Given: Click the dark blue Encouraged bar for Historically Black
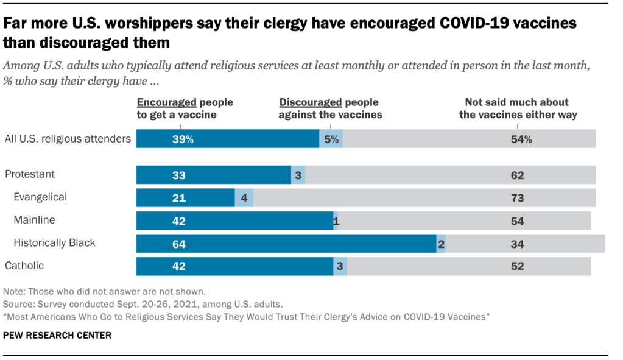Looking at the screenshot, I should (x=286, y=244).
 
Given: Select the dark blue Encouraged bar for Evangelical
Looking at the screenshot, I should (x=185, y=197).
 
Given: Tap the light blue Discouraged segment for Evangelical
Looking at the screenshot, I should (x=244, y=197).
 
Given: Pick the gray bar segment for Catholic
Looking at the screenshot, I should (x=469, y=266).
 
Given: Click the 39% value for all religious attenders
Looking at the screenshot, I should (x=182, y=139).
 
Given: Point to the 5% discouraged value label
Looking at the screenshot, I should (x=331, y=139).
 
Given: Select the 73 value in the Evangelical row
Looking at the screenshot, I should (x=518, y=197).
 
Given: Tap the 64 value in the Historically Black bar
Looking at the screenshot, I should (x=179, y=244).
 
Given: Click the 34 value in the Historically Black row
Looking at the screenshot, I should (x=518, y=244).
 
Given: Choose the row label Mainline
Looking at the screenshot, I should (x=34, y=220).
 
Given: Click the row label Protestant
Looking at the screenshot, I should (x=30, y=174).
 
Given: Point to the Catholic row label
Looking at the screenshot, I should (x=24, y=266).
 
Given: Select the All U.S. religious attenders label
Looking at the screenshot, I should (x=67, y=139).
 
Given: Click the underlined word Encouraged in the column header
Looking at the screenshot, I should (x=166, y=102).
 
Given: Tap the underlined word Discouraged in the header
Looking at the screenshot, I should (x=311, y=102).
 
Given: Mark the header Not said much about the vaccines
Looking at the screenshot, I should (x=518, y=108).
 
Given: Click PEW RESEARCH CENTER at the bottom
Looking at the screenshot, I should (x=57, y=335).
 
